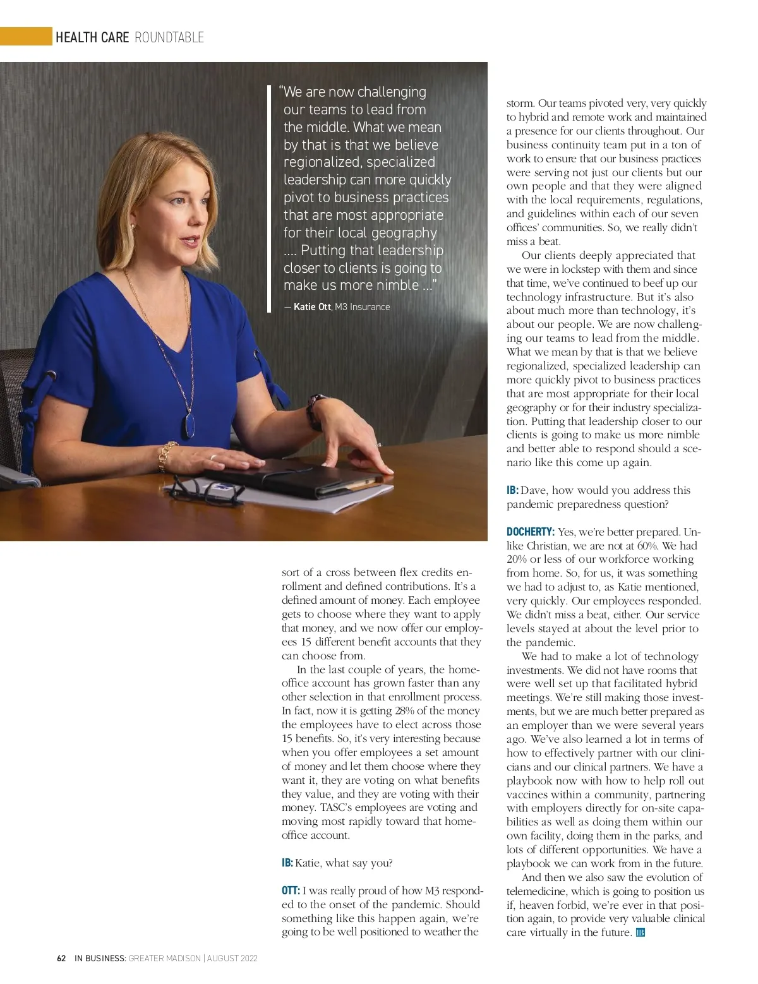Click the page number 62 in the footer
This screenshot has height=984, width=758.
click(x=61, y=958)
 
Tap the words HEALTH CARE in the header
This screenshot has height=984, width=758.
click(x=92, y=37)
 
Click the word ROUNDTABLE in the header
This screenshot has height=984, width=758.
click(x=169, y=37)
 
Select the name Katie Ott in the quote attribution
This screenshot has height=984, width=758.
click(x=312, y=307)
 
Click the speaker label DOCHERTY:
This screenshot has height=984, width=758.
click(x=531, y=532)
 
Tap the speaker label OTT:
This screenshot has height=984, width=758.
click(x=291, y=891)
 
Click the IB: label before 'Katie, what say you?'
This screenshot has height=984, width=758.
click(x=287, y=863)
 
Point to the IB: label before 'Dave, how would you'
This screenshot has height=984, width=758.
click(x=512, y=490)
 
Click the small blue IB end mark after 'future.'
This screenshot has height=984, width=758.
click(x=640, y=932)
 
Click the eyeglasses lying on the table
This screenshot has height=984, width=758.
click(x=205, y=489)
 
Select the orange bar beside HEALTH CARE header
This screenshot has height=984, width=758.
click(x=26, y=37)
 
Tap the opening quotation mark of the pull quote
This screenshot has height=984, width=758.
click(x=280, y=90)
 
